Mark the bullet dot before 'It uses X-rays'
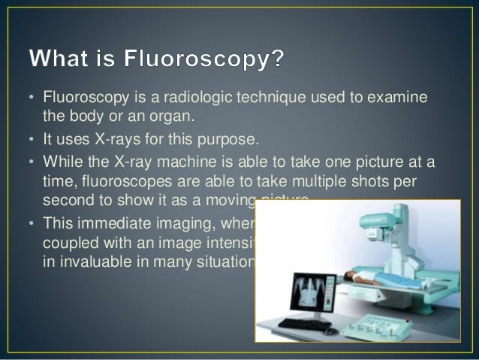click(x=33, y=141)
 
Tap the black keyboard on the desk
click(x=300, y=324)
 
